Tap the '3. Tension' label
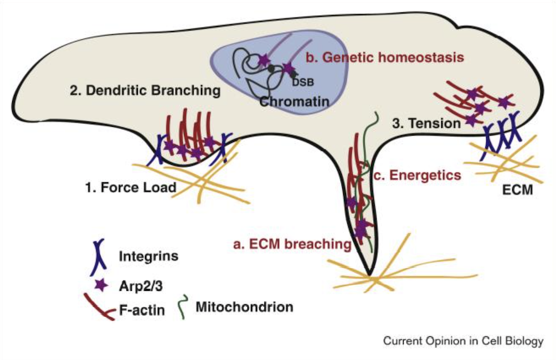point(426,124)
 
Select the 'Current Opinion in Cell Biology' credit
point(464,341)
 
